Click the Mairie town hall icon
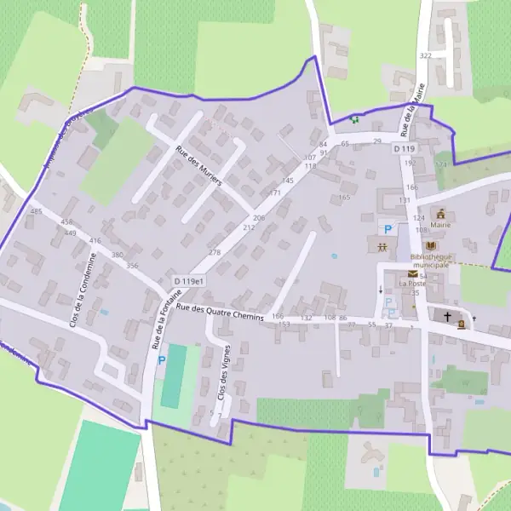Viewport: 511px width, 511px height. [x=442, y=214]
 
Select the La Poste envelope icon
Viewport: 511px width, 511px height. [x=413, y=274]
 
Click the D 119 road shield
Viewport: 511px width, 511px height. [x=404, y=149]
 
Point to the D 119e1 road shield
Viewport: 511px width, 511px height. [x=189, y=281]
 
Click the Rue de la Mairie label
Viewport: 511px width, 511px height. [x=412, y=115]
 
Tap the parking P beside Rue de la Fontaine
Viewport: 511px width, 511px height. [x=162, y=361]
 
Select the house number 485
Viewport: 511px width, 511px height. [x=36, y=211]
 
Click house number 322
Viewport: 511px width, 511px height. [x=426, y=55]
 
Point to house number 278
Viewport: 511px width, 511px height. [x=215, y=253]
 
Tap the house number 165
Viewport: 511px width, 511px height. [x=344, y=198]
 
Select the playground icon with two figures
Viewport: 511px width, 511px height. [x=382, y=247]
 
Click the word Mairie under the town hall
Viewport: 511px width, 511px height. [x=440, y=227]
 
